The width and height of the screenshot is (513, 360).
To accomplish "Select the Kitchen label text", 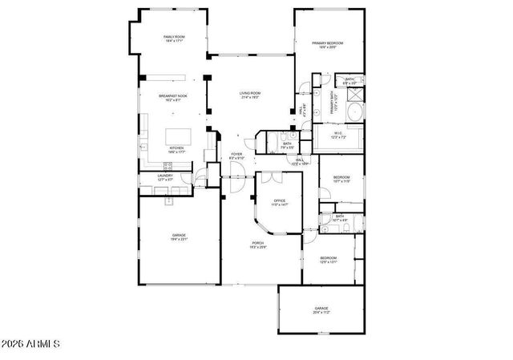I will click(176, 149).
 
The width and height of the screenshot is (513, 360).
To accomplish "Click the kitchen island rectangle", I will click(176, 136).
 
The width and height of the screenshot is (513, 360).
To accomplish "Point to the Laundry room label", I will click(166, 176).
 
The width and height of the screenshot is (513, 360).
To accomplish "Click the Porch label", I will click(258, 244).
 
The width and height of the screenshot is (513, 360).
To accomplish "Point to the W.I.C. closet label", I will click(338, 135).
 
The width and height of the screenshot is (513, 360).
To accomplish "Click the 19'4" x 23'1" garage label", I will click(178, 237).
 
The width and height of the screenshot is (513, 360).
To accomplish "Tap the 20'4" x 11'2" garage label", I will click(321, 309).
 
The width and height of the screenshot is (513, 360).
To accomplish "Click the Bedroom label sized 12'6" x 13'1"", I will click(329, 259).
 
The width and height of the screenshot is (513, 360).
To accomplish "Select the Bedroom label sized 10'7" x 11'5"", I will click(341, 178).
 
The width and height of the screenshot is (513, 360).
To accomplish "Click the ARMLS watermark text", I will click(31, 345).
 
